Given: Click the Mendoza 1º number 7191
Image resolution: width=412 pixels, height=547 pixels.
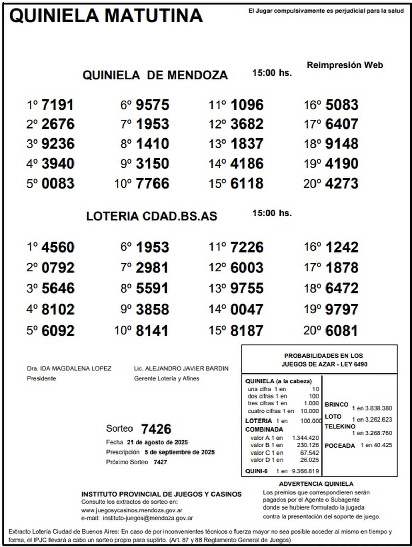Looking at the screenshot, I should tap(57, 105).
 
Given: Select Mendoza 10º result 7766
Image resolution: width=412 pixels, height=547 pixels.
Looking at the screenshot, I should tap(152, 183).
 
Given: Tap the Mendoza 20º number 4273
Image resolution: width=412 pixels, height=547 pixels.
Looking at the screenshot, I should tap(342, 183).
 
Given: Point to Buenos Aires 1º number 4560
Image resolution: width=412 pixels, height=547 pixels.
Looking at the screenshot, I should tap(58, 247).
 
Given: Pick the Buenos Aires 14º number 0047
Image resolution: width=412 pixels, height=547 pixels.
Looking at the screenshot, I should tap(247, 310).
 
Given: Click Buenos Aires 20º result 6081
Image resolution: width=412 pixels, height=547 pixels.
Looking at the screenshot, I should tap(342, 331).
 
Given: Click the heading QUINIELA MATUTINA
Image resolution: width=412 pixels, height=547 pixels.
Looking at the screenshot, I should tap(106, 16).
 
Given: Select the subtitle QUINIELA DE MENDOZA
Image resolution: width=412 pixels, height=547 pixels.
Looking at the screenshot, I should tap(155, 75).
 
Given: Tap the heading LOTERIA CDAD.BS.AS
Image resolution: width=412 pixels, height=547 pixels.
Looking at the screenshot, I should tap(151, 216).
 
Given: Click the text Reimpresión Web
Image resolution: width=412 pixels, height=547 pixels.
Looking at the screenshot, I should tap(345, 65).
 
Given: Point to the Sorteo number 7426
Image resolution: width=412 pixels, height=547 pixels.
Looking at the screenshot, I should tap(156, 429).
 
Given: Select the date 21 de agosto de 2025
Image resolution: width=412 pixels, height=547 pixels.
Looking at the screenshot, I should tap(157, 442).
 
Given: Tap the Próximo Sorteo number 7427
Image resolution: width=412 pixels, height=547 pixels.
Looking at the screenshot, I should tap(160, 462).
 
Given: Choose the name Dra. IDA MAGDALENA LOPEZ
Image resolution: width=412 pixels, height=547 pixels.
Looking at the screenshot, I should tap(69, 369).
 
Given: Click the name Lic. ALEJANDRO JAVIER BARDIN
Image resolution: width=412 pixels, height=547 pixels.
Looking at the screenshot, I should tap(181, 369).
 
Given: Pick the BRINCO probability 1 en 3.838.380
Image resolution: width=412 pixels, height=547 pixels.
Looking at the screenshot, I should tap(372, 409).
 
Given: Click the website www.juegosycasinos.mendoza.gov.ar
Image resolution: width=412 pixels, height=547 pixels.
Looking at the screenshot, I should tap(131, 511).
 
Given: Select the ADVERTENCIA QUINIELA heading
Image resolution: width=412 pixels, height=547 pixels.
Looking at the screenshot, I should tap(316, 484).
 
